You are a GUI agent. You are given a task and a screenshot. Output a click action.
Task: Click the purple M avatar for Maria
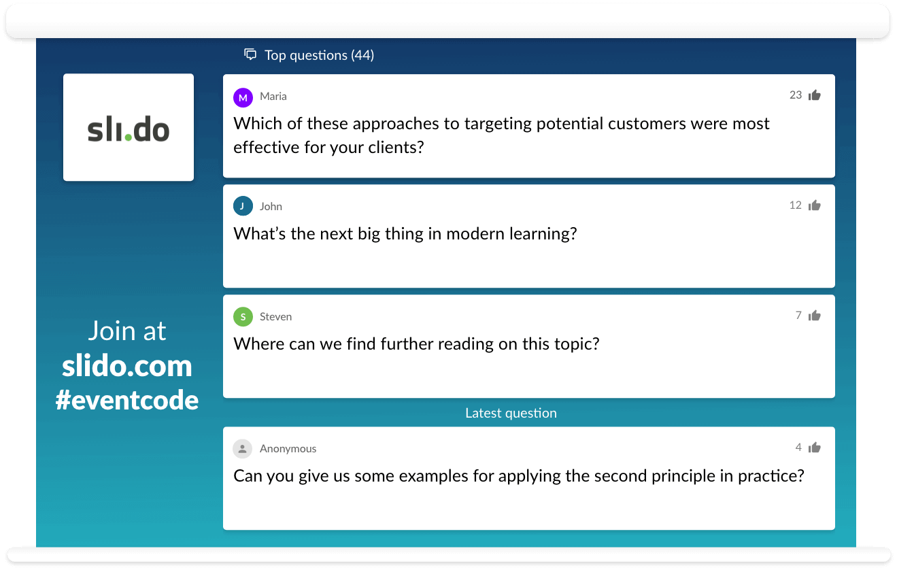[243, 97]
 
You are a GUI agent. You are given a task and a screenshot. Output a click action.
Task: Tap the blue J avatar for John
[243, 206]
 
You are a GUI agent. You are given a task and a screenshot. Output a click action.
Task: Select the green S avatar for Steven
[243, 316]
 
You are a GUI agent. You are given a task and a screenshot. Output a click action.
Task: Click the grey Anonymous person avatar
[243, 448]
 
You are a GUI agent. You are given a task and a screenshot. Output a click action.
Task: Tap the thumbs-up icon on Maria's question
[814, 95]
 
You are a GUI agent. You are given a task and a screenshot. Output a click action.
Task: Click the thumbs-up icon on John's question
[814, 205]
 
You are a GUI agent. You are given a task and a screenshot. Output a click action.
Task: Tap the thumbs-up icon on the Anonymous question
[814, 448]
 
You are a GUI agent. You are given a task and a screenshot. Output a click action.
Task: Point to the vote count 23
[796, 95]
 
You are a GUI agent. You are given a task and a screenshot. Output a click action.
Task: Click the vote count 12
[796, 205]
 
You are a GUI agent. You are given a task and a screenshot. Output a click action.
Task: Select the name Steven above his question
[275, 316]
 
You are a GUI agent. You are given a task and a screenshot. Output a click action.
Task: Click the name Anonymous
[288, 448]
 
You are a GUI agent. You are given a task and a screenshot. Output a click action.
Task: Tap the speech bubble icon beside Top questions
[250, 54]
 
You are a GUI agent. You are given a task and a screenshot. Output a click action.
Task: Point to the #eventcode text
[127, 400]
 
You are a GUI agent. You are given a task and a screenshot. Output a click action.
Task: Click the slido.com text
[127, 367]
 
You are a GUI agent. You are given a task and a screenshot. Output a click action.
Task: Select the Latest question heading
[511, 413]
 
